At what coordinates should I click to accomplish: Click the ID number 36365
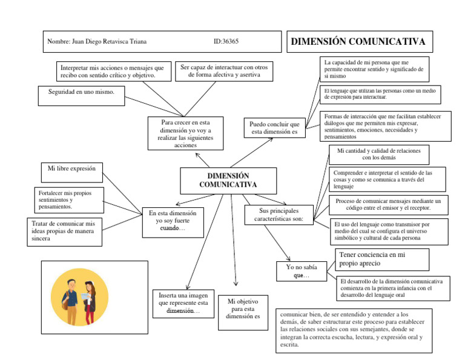(226, 42)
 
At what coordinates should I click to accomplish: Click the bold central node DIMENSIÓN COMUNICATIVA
(228, 180)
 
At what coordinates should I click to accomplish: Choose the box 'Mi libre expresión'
(71, 169)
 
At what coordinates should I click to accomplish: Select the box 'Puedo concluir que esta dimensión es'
(275, 128)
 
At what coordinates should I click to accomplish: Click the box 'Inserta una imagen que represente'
(183, 302)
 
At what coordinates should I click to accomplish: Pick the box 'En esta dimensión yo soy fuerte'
(173, 221)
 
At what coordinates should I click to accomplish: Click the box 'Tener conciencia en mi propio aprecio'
(381, 259)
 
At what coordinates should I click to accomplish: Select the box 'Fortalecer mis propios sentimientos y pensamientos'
(68, 200)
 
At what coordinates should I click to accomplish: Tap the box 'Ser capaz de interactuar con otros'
(223, 71)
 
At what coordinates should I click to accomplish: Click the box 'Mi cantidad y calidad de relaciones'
(379, 153)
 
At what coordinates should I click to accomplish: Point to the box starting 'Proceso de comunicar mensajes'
(387, 204)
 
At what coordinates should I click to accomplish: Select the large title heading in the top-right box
(358, 42)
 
